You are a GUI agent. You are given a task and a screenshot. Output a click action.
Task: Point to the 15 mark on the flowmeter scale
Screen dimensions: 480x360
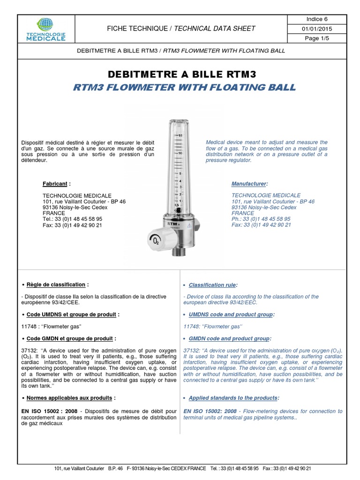tap(180, 135)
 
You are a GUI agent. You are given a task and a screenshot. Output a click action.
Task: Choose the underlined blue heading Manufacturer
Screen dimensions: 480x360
tap(250, 184)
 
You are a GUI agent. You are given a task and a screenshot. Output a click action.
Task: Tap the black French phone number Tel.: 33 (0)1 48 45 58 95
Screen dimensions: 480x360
tap(72, 219)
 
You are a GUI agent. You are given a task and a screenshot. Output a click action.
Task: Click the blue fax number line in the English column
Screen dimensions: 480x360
tap(261, 225)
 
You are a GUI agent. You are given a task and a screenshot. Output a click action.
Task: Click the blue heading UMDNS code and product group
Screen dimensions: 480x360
tap(232, 314)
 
